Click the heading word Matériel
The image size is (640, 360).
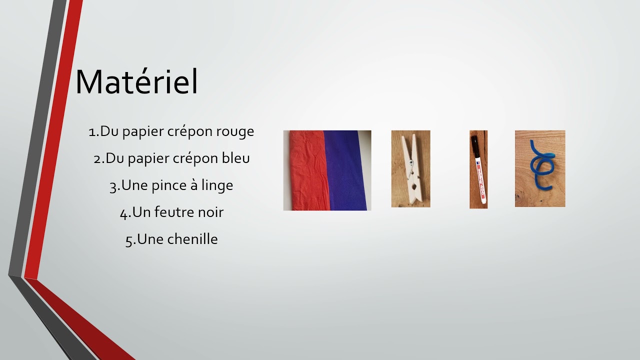pos(136,82)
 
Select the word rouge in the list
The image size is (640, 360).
pos(235,131)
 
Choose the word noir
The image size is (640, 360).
pos(211,212)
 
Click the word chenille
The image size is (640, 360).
pos(192,239)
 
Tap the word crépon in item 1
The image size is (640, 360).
pos(191,132)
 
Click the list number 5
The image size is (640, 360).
pos(129,240)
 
